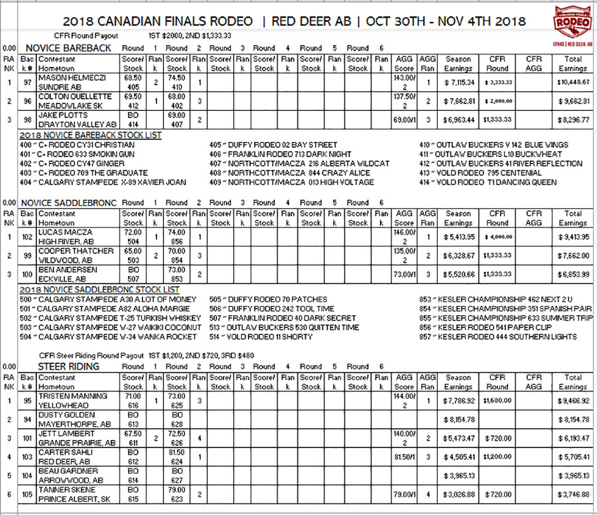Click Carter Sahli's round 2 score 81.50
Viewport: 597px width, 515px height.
[177, 452]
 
